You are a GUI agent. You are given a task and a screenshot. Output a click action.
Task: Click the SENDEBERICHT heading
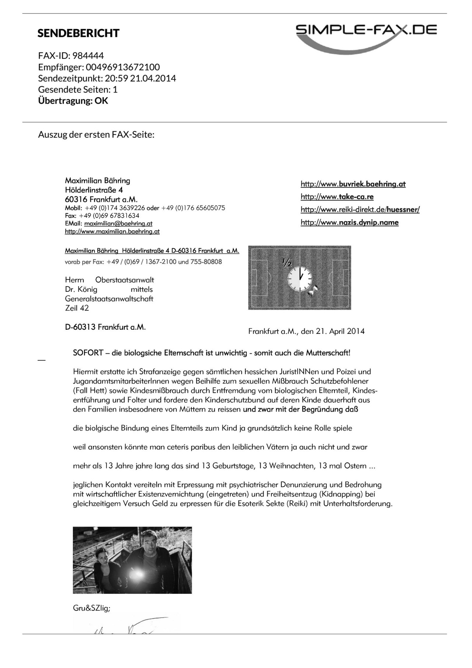(x=78, y=33)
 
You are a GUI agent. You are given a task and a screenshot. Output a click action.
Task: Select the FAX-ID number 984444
(x=88, y=56)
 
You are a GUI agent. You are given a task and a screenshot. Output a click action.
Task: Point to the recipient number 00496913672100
(x=123, y=67)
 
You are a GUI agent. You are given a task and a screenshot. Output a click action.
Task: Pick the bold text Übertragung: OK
(x=73, y=101)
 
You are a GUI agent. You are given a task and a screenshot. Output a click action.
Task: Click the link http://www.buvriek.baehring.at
(x=353, y=184)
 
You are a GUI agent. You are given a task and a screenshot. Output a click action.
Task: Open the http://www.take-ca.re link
(x=337, y=197)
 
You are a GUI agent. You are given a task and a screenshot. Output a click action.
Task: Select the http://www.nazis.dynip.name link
(x=349, y=222)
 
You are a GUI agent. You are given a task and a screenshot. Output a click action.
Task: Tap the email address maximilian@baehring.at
(x=118, y=224)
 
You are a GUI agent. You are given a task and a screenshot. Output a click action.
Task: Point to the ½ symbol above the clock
(x=287, y=262)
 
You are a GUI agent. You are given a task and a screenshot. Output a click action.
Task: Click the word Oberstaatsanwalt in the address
(x=125, y=280)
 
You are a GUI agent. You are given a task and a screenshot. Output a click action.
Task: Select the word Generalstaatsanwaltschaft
(x=109, y=299)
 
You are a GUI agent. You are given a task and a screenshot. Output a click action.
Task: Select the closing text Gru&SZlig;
(x=91, y=608)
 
